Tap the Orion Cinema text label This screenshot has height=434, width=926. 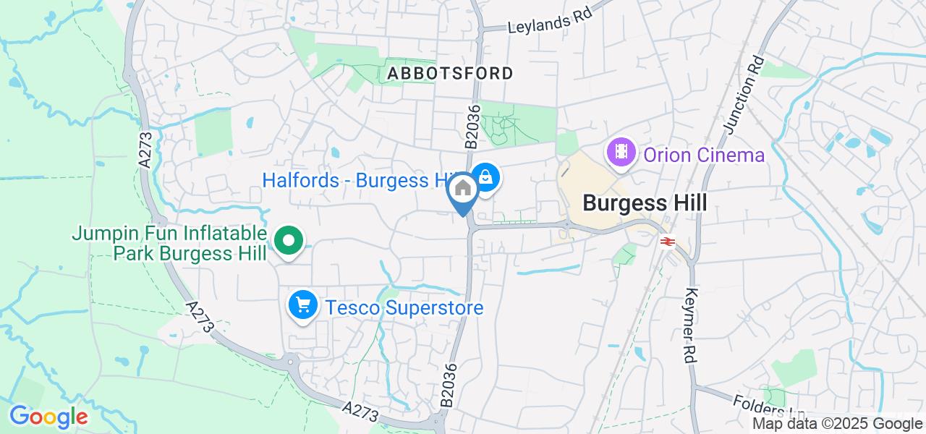tap(704, 155)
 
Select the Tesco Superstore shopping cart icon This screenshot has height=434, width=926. tap(303, 306)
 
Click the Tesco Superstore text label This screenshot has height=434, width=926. tap(404, 308)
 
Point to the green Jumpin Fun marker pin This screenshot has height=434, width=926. tap(288, 242)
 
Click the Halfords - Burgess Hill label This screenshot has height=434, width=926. tap(354, 180)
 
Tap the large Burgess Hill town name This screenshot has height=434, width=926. tap(645, 203)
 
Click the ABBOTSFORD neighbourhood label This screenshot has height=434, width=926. tap(451, 73)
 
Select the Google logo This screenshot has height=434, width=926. tap(48, 417)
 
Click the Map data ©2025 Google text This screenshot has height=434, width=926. tap(837, 424)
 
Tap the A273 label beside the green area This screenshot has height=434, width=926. tap(146, 149)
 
